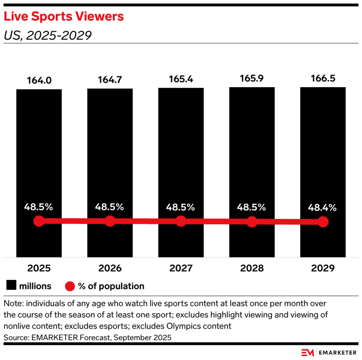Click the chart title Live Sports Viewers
pyautogui.click(x=64, y=17)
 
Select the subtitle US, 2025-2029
pyautogui.click(x=48, y=36)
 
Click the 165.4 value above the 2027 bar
pyautogui.click(x=181, y=79)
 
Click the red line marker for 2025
pyautogui.click(x=39, y=221)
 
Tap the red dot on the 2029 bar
pyautogui.click(x=323, y=222)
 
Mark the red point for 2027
pyautogui.click(x=181, y=221)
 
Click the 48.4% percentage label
pyautogui.click(x=323, y=208)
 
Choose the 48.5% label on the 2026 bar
pyautogui.click(x=110, y=207)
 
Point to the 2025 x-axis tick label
pyautogui.click(x=39, y=268)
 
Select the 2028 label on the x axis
pyautogui.click(x=252, y=268)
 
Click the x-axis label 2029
pyautogui.click(x=323, y=268)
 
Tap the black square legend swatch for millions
pyautogui.click(x=11, y=286)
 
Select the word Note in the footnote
pyautogui.click(x=12, y=302)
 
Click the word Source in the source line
pyautogui.click(x=15, y=338)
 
